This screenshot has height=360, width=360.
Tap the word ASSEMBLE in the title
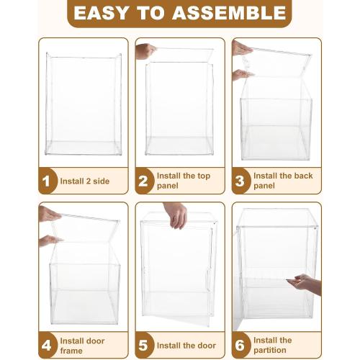(x=230, y=13)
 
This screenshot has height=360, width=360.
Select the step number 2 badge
(x=144, y=181)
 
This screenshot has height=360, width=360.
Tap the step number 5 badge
(x=144, y=346)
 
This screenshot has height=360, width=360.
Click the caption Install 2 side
(x=85, y=181)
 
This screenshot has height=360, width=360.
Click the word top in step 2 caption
(x=204, y=176)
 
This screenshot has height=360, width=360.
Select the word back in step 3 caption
(x=303, y=176)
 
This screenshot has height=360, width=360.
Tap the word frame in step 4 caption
(x=71, y=351)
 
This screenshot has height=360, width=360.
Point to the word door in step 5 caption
(x=207, y=346)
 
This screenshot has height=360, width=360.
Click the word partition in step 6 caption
(x=270, y=350)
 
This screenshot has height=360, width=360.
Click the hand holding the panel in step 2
(x=145, y=51)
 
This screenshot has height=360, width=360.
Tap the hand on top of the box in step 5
(x=176, y=215)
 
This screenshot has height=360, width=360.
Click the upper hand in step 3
(x=242, y=48)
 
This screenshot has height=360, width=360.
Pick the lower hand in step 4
(x=50, y=240)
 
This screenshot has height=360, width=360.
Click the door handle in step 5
(x=207, y=280)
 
